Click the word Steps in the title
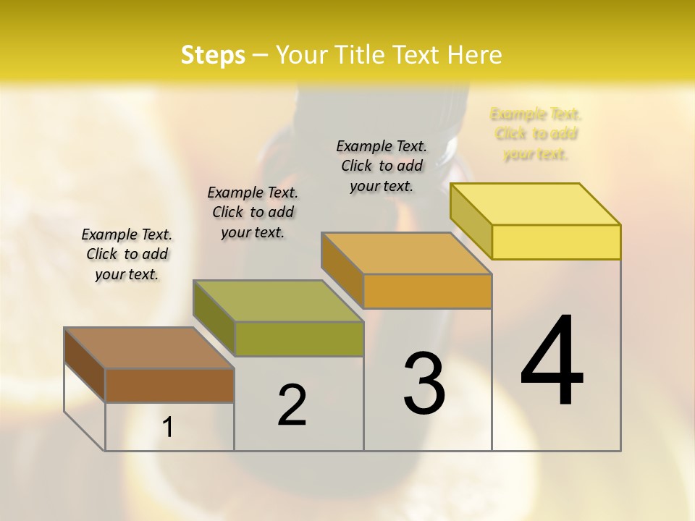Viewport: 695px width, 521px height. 213,55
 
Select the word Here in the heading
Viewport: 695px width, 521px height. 474,55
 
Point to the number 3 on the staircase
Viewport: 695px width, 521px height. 424,384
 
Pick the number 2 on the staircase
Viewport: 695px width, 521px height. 292,405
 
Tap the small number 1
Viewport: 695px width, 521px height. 168,428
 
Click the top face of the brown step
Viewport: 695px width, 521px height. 149,348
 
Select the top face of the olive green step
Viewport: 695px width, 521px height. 278,300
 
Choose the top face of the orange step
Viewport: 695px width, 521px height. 407,253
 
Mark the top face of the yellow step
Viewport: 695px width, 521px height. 536,204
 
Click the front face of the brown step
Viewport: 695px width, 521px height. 169,385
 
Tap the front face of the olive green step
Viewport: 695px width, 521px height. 299,339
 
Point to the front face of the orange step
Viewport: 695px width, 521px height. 428,291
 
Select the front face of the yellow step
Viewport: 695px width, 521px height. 556,242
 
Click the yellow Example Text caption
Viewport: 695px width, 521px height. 536,134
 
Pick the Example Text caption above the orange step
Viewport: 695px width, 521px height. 382,166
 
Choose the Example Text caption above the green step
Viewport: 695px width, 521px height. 253,212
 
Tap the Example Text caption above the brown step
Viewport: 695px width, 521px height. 127,254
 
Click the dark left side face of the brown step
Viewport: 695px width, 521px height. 85,365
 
